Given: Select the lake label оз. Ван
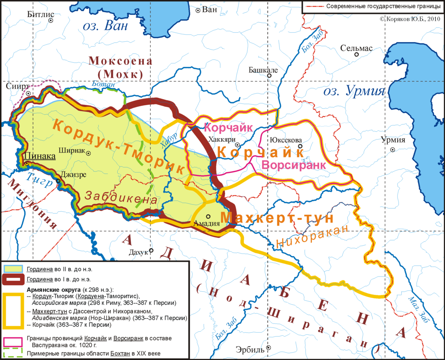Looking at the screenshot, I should pos(106,26).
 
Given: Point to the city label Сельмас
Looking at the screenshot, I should pos(356,48).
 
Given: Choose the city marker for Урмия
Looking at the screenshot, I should pos(393,150).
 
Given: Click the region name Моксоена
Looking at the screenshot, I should pos(120,61).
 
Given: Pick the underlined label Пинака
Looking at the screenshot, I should pos(40,156).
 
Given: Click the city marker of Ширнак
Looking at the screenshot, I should pos(88,153).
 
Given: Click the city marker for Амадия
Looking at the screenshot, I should pos(208,216).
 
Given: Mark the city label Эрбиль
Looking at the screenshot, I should pos(250,349).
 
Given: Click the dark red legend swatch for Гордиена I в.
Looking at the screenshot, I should pos(13,279).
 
